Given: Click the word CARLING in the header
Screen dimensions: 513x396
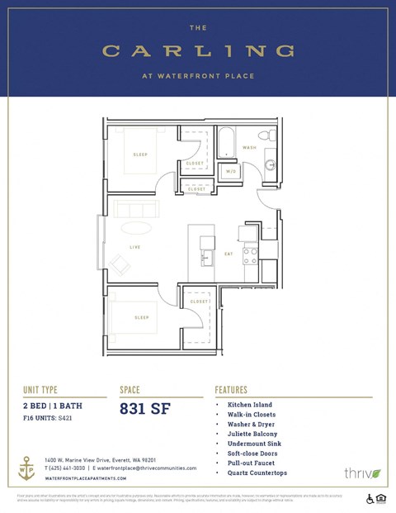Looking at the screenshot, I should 198,51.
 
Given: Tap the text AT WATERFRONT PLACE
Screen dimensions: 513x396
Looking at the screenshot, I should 198,77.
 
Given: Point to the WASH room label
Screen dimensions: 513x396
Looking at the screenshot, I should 249,148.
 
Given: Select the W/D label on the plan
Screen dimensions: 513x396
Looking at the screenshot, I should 232,171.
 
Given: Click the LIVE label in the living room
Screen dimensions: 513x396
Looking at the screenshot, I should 134,247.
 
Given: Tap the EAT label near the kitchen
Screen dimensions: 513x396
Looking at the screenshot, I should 229,254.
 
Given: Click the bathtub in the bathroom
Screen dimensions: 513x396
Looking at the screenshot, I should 226,142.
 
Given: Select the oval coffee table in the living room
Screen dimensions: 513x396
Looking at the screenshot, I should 136,228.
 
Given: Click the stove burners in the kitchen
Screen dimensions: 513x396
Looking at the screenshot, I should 250,256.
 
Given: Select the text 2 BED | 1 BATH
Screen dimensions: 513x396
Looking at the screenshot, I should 53,406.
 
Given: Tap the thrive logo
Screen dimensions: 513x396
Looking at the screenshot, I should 362,473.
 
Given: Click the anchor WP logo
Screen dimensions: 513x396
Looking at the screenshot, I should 28,467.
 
